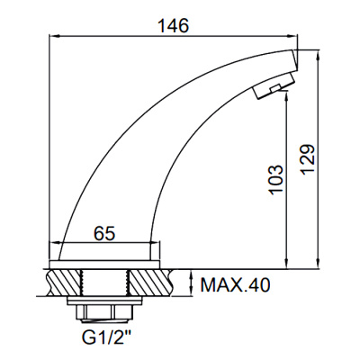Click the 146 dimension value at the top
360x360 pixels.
pyautogui.click(x=174, y=26)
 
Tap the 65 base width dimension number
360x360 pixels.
pyautogui.click(x=104, y=233)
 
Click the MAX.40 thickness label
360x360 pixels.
pyautogui.click(x=235, y=286)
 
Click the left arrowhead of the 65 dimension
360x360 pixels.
pyautogui.click(x=63, y=244)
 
